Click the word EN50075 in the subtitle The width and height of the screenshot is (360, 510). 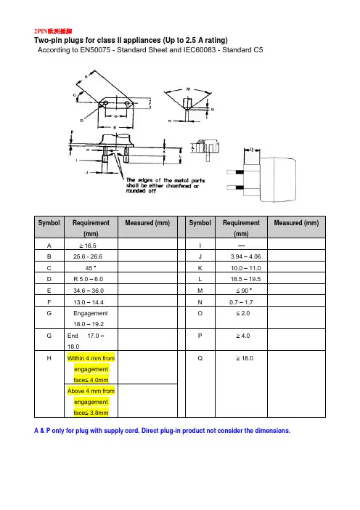point(95,49)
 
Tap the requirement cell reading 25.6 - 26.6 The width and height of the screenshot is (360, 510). point(88,256)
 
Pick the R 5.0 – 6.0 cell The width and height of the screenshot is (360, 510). point(88,279)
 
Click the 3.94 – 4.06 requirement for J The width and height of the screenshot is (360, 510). point(245,256)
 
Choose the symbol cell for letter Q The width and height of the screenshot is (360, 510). point(200,358)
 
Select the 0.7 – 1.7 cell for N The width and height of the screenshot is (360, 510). point(241,302)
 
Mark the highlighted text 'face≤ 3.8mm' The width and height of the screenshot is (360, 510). point(91,413)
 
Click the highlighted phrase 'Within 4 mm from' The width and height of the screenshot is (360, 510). point(91,358)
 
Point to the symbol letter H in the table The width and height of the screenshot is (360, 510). point(49,358)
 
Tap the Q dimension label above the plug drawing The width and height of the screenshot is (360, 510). point(251,150)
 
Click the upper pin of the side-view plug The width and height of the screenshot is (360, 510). point(235,172)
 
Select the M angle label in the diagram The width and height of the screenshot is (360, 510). point(188,89)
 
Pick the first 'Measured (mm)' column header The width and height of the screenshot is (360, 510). point(147,223)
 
